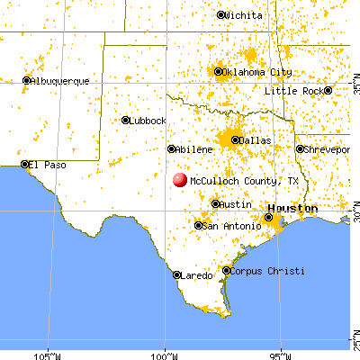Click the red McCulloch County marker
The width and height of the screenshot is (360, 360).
pos(180,180)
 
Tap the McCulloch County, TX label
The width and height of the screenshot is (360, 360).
pos(242,181)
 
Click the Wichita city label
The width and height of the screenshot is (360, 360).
pos(245,15)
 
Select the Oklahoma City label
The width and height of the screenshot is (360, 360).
pos(258,71)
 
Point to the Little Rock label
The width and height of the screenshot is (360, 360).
pos(293,91)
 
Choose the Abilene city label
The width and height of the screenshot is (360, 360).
pos(194,149)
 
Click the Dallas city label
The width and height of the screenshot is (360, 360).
pos(257,140)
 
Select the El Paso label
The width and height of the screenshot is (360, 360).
pos(48,165)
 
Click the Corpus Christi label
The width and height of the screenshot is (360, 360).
pos(267,271)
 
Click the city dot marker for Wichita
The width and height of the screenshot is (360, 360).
pos(221,15)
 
